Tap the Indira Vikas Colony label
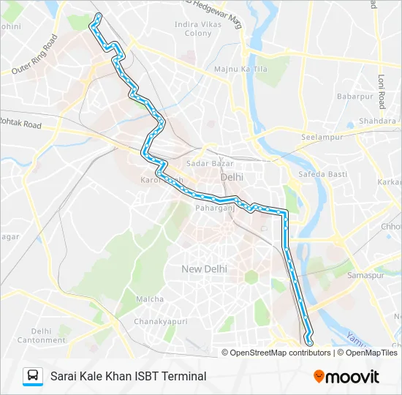[x=193, y=29]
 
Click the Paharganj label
[x=213, y=208]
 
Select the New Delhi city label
[x=204, y=269]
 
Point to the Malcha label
[x=150, y=299]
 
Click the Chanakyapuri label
[x=161, y=321]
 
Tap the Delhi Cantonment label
[x=42, y=336]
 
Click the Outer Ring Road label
[x=34, y=55]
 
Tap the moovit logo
[x=346, y=376]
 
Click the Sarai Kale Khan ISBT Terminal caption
[x=128, y=376]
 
